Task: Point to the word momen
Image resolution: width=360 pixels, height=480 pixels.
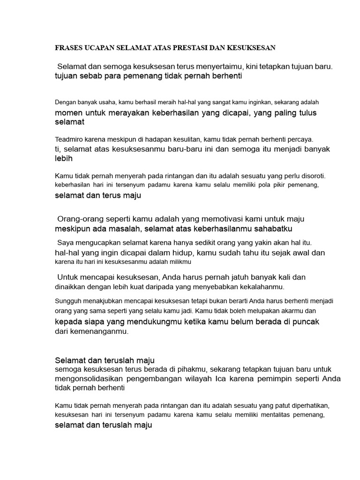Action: pyautogui.click(x=68, y=113)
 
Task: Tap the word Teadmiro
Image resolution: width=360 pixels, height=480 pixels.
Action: pyautogui.click(x=70, y=139)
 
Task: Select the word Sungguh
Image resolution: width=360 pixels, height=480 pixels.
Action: pyautogui.click(x=69, y=300)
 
